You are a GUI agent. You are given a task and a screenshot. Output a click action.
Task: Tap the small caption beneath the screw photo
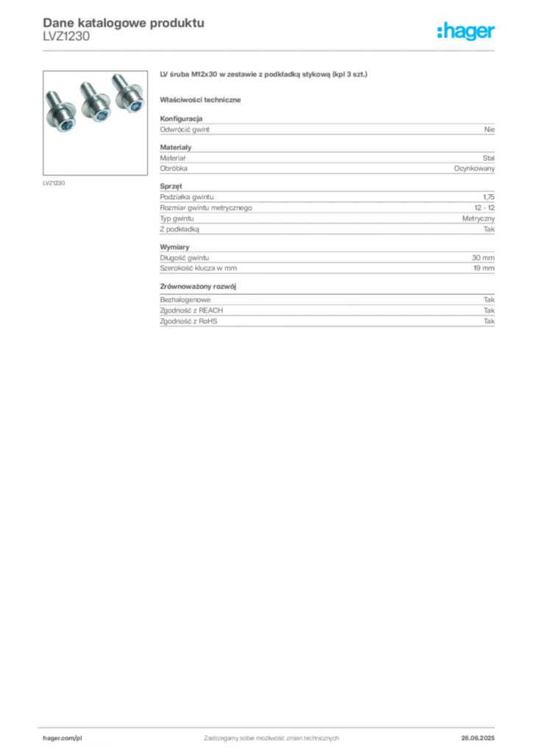(x=56, y=182)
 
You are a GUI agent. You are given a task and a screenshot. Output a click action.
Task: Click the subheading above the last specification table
(x=201, y=284)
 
